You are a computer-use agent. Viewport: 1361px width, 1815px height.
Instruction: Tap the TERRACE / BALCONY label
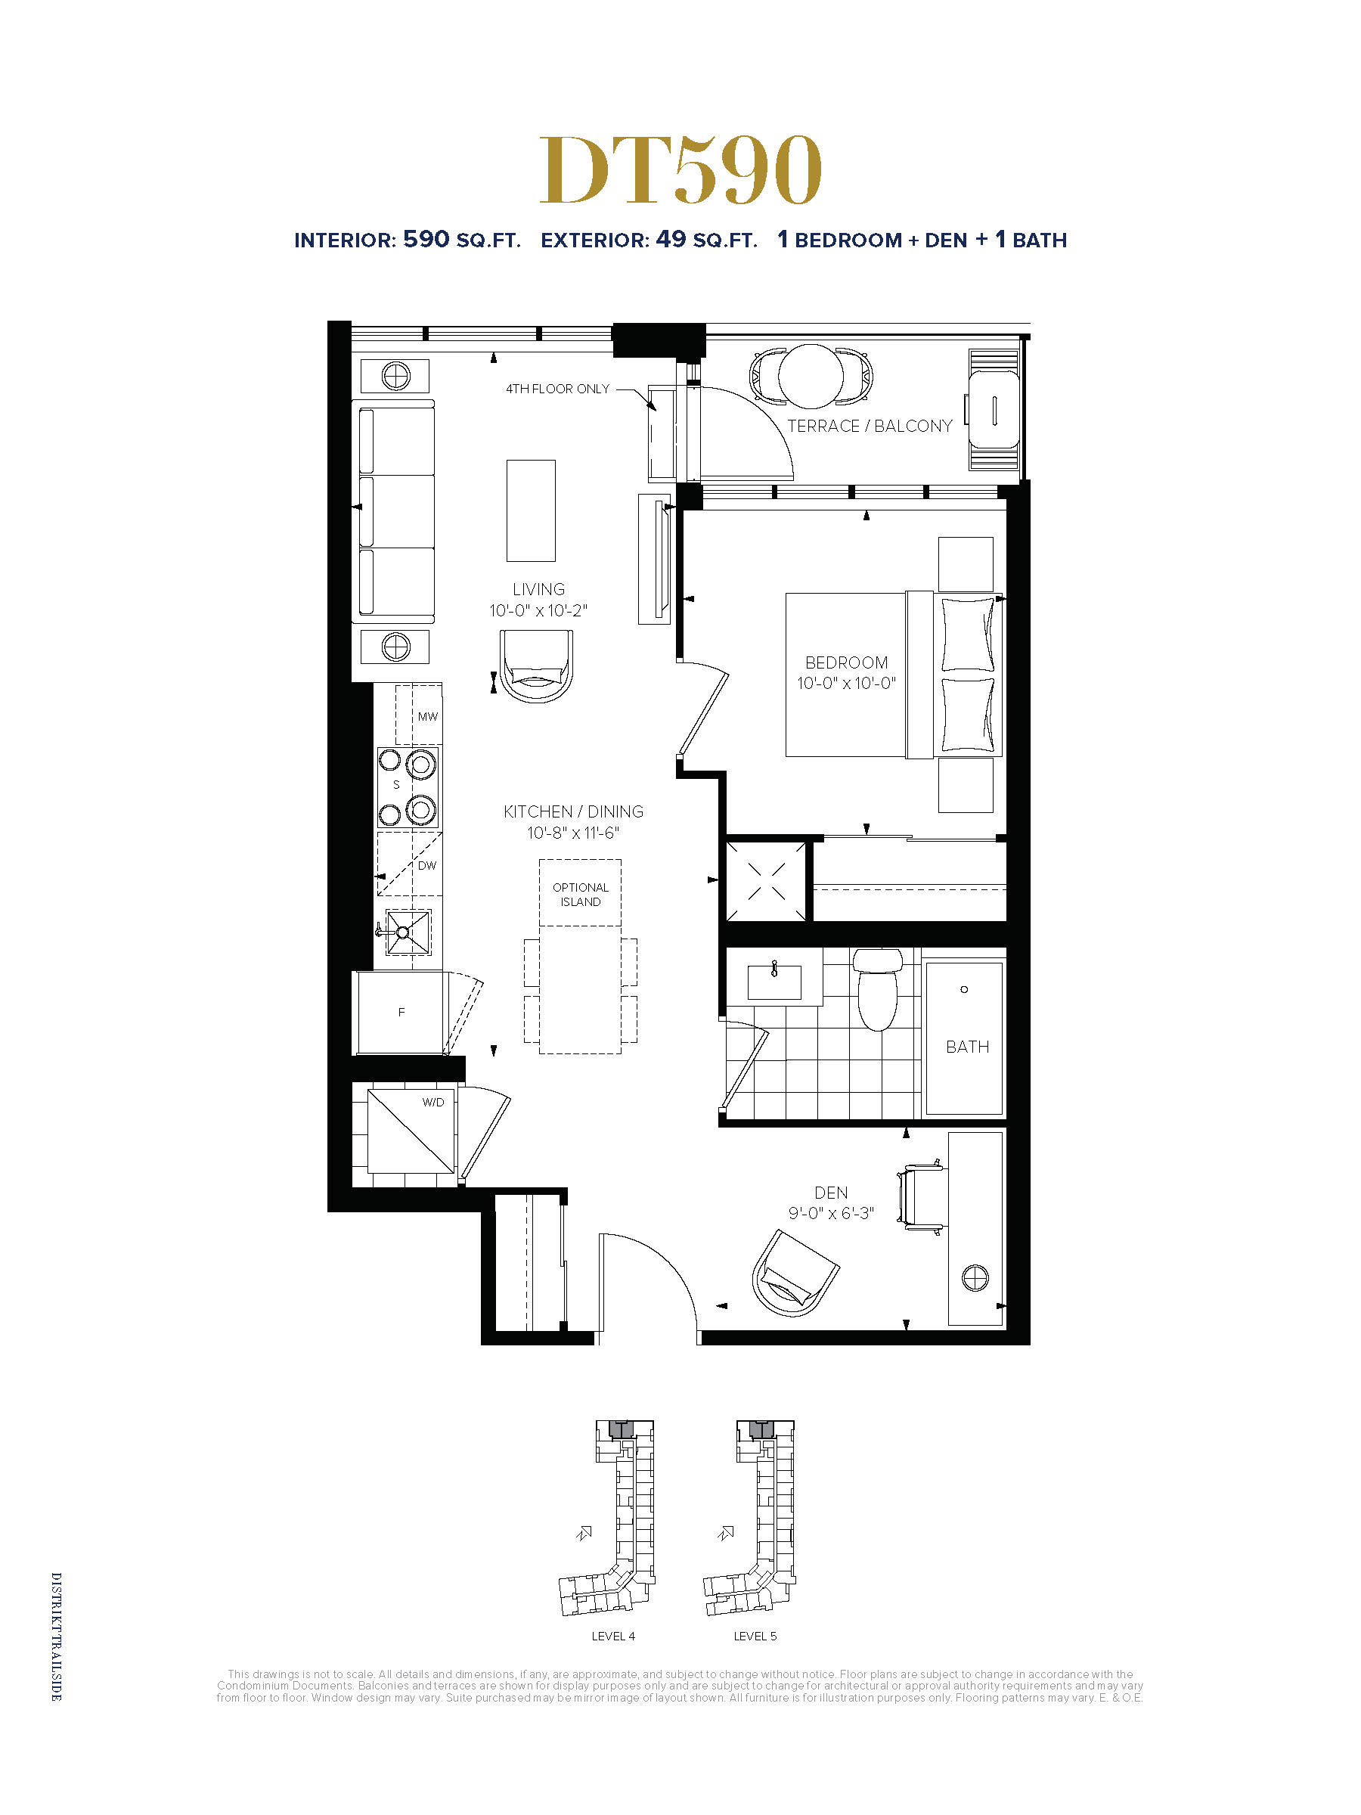pyautogui.click(x=870, y=426)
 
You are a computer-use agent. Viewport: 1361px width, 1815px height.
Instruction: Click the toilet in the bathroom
pyautogui.click(x=877, y=988)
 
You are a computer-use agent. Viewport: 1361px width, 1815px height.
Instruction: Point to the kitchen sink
pyautogui.click(x=407, y=931)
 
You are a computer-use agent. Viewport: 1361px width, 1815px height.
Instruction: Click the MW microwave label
pyautogui.click(x=427, y=716)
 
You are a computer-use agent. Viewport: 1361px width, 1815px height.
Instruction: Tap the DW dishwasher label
pyautogui.click(x=426, y=866)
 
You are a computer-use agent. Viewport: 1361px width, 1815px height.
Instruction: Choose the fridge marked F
pyautogui.click(x=400, y=1013)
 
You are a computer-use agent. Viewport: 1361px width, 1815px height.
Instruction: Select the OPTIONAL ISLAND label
pyautogui.click(x=580, y=895)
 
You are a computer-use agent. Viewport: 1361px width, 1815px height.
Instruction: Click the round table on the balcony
pyautogui.click(x=811, y=376)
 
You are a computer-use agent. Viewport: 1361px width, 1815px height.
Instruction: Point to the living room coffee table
pyautogui.click(x=531, y=510)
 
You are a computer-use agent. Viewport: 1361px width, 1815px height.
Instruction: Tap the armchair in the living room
pyautogui.click(x=535, y=665)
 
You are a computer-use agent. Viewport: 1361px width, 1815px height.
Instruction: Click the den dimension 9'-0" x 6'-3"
pyautogui.click(x=831, y=1213)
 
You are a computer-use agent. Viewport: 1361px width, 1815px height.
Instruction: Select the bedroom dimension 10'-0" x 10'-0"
pyautogui.click(x=846, y=683)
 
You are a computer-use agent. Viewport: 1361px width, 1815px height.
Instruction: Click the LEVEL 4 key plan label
pyautogui.click(x=612, y=1636)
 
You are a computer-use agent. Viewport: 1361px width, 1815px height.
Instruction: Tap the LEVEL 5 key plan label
pyautogui.click(x=755, y=1636)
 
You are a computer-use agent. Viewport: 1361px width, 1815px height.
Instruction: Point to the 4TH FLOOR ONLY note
pyautogui.click(x=557, y=389)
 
